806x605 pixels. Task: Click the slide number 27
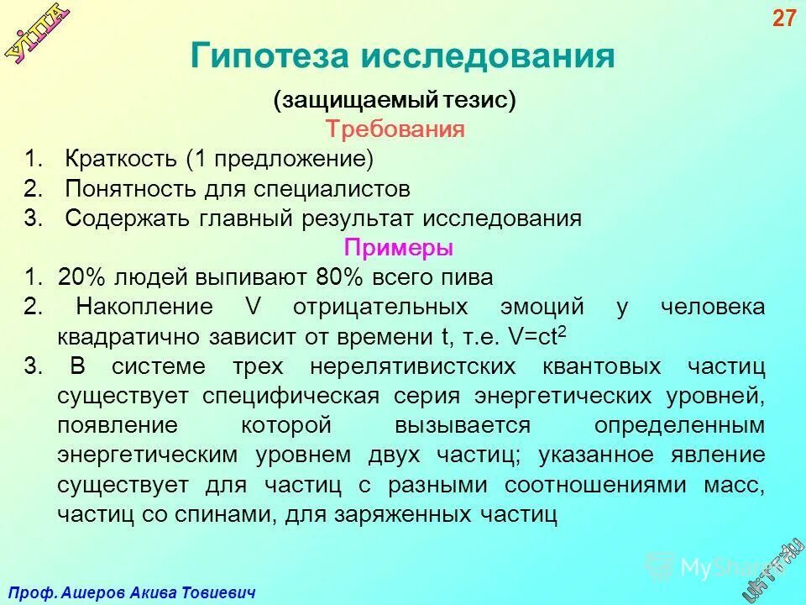tap(782, 18)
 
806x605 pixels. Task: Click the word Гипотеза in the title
tap(268, 56)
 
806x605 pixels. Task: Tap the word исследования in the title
tap(489, 56)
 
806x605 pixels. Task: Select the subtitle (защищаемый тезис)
tap(395, 100)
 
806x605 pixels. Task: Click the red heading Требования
tap(395, 129)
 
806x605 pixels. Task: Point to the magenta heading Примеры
tap(399, 248)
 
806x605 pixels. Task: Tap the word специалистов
tap(333, 188)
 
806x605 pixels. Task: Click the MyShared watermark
tap(705, 568)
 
